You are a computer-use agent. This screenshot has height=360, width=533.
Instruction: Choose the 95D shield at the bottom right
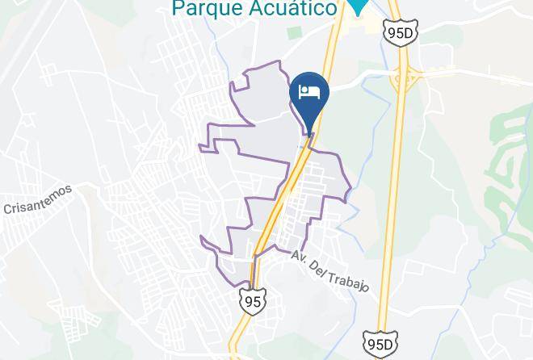(x=379, y=344)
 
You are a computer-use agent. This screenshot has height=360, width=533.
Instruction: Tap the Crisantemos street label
(x=38, y=199)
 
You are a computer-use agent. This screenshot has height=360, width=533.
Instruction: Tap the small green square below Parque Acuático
(x=295, y=33)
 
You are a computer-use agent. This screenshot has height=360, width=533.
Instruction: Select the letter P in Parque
(x=177, y=8)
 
